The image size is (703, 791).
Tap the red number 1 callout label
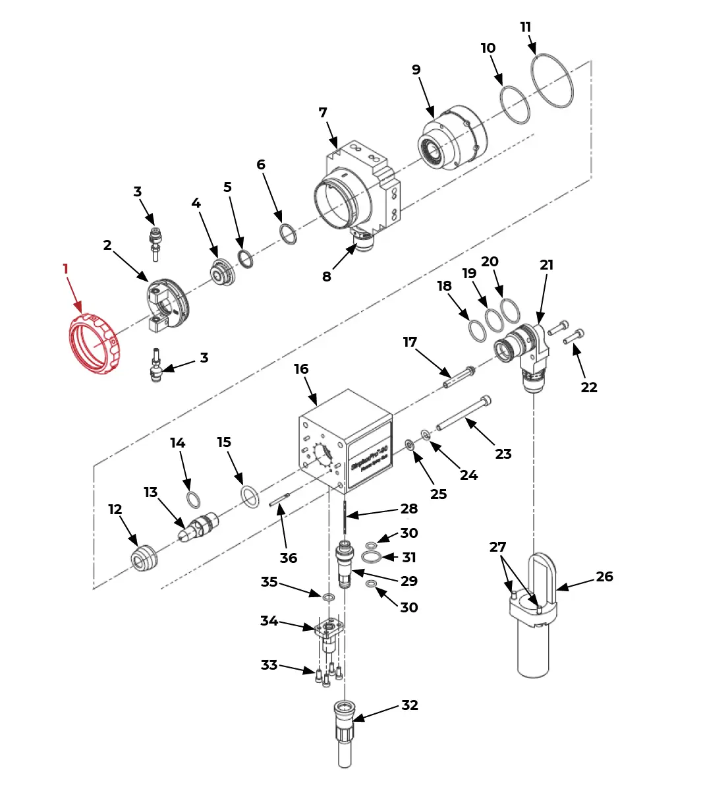[x=65, y=269]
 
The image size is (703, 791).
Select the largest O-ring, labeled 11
[x=552, y=80]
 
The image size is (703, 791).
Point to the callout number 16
[x=301, y=369]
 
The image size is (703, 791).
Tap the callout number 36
[x=289, y=558]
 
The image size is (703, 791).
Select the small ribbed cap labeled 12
[x=143, y=558]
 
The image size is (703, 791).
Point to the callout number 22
[x=588, y=388]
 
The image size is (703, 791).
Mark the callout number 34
[x=269, y=621]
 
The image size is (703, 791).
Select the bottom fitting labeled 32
[x=345, y=732]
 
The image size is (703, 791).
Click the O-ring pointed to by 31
[x=371, y=558]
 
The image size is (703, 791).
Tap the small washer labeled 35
[x=327, y=597]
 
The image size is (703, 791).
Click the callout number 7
[x=323, y=113]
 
